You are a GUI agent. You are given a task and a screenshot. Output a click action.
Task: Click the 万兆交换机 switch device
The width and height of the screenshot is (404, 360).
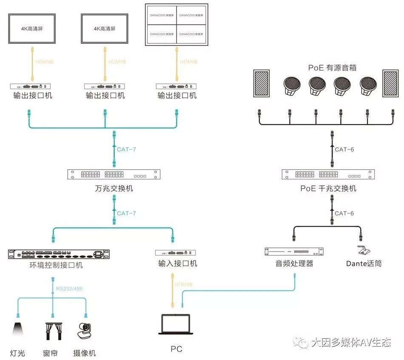click(x=114, y=174)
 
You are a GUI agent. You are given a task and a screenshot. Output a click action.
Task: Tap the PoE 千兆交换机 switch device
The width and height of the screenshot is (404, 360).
click(x=328, y=174)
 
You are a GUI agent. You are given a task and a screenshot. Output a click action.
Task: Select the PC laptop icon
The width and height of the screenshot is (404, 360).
click(x=176, y=326)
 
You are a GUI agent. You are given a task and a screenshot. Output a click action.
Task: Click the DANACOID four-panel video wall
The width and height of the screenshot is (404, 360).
click(x=176, y=25)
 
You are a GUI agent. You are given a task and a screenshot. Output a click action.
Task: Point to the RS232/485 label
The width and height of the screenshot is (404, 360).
click(x=69, y=289)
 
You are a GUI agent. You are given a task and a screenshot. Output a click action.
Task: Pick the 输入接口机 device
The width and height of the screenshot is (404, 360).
click(x=176, y=252)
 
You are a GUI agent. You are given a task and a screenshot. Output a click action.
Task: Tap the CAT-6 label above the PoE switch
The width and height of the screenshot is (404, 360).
click(x=344, y=149)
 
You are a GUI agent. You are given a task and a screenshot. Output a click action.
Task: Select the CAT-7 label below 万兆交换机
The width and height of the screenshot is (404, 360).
click(x=126, y=213)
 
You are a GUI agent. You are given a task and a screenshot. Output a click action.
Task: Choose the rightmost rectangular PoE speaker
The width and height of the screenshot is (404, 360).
click(x=391, y=83)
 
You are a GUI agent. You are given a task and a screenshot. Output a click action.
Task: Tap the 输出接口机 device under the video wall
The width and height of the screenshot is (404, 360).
click(x=176, y=86)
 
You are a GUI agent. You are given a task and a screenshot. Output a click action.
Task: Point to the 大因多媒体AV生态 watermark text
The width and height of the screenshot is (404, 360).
click(x=351, y=343)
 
